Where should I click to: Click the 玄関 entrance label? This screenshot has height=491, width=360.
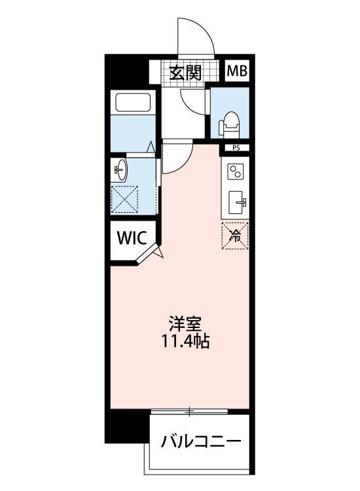185,73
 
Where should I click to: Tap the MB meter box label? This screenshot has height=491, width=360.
237,71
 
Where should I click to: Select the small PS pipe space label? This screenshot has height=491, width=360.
236,148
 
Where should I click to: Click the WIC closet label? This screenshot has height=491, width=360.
132,238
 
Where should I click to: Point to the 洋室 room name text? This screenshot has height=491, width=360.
185,324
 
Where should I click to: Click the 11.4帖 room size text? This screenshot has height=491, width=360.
185,341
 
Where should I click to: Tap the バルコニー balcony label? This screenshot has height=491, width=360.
202,442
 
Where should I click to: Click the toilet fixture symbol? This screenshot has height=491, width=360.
230,125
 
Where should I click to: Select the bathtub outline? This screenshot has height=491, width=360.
133,102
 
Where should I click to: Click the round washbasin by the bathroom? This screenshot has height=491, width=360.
120,170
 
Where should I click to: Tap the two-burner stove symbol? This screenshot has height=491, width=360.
235,172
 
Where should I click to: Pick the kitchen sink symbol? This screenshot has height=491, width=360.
237,202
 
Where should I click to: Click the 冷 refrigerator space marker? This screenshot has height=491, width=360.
235,236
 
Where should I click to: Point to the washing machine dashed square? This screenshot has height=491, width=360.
124,200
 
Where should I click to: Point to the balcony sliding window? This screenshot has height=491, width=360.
189,410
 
